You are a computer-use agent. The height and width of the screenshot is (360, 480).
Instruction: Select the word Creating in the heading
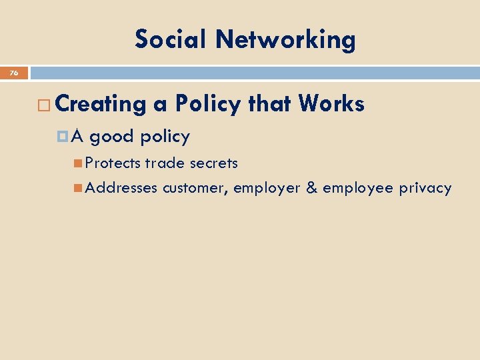(x=101, y=104)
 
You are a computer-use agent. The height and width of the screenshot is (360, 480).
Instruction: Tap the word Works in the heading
(x=331, y=103)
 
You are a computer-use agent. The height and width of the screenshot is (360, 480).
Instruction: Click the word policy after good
(x=165, y=137)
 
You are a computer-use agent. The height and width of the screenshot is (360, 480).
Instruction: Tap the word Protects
(x=113, y=163)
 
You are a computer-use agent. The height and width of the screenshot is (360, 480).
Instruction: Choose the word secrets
(x=212, y=163)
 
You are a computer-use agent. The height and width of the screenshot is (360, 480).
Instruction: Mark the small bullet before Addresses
(x=79, y=188)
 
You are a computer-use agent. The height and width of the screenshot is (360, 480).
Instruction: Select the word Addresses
(x=121, y=188)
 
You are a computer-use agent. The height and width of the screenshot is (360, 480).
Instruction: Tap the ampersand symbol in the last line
(x=311, y=188)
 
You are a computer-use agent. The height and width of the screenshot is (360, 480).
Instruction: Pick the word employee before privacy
(x=358, y=189)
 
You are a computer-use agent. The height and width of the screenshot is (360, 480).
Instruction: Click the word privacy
(x=425, y=189)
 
